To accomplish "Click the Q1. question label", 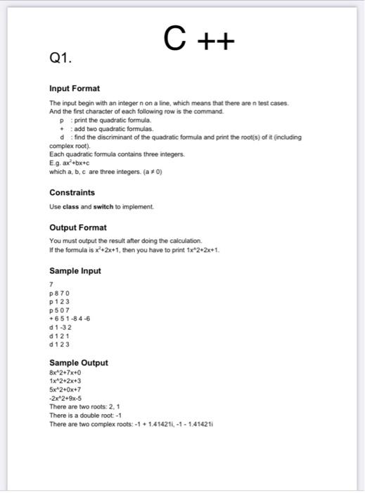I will tap(62, 61).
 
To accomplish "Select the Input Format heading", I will tap(75, 89).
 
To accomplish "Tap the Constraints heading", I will tap(72, 192).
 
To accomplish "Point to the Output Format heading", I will tap(78, 227).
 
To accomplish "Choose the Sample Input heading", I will tap(75, 271).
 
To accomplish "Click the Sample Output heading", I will tap(79, 363).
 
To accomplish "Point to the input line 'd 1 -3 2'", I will tap(61, 327).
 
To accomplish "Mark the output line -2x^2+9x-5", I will tap(70, 399).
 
